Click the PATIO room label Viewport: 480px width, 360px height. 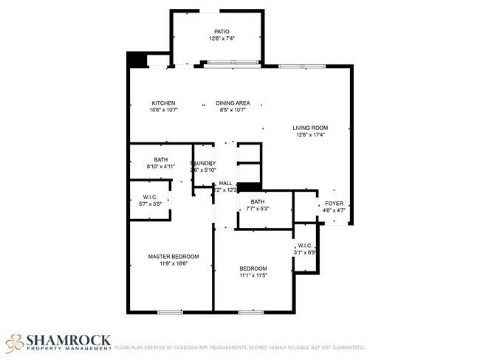(x=222, y=32)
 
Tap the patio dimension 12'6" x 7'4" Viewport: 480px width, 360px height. (x=222, y=38)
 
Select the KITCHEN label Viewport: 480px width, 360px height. (x=163, y=103)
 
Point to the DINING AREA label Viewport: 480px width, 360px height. (x=233, y=103)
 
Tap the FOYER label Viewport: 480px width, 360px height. (x=334, y=203)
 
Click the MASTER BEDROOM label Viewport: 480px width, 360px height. (x=174, y=257)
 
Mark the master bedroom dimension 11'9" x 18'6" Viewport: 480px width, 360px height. (x=174, y=263)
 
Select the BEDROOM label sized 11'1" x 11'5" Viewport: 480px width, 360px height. (x=253, y=269)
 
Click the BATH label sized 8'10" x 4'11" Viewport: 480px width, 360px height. (x=161, y=159)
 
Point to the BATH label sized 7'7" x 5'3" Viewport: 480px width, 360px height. (x=258, y=201)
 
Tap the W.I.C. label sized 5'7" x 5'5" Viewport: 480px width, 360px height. (x=151, y=196)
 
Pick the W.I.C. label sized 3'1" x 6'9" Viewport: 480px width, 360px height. (x=305, y=246)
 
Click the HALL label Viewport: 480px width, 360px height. (x=225, y=183)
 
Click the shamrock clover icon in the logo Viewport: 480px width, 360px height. (x=15, y=342)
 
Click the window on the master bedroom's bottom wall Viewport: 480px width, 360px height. (x=170, y=312)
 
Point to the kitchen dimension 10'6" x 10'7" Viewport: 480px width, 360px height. (x=163, y=110)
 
